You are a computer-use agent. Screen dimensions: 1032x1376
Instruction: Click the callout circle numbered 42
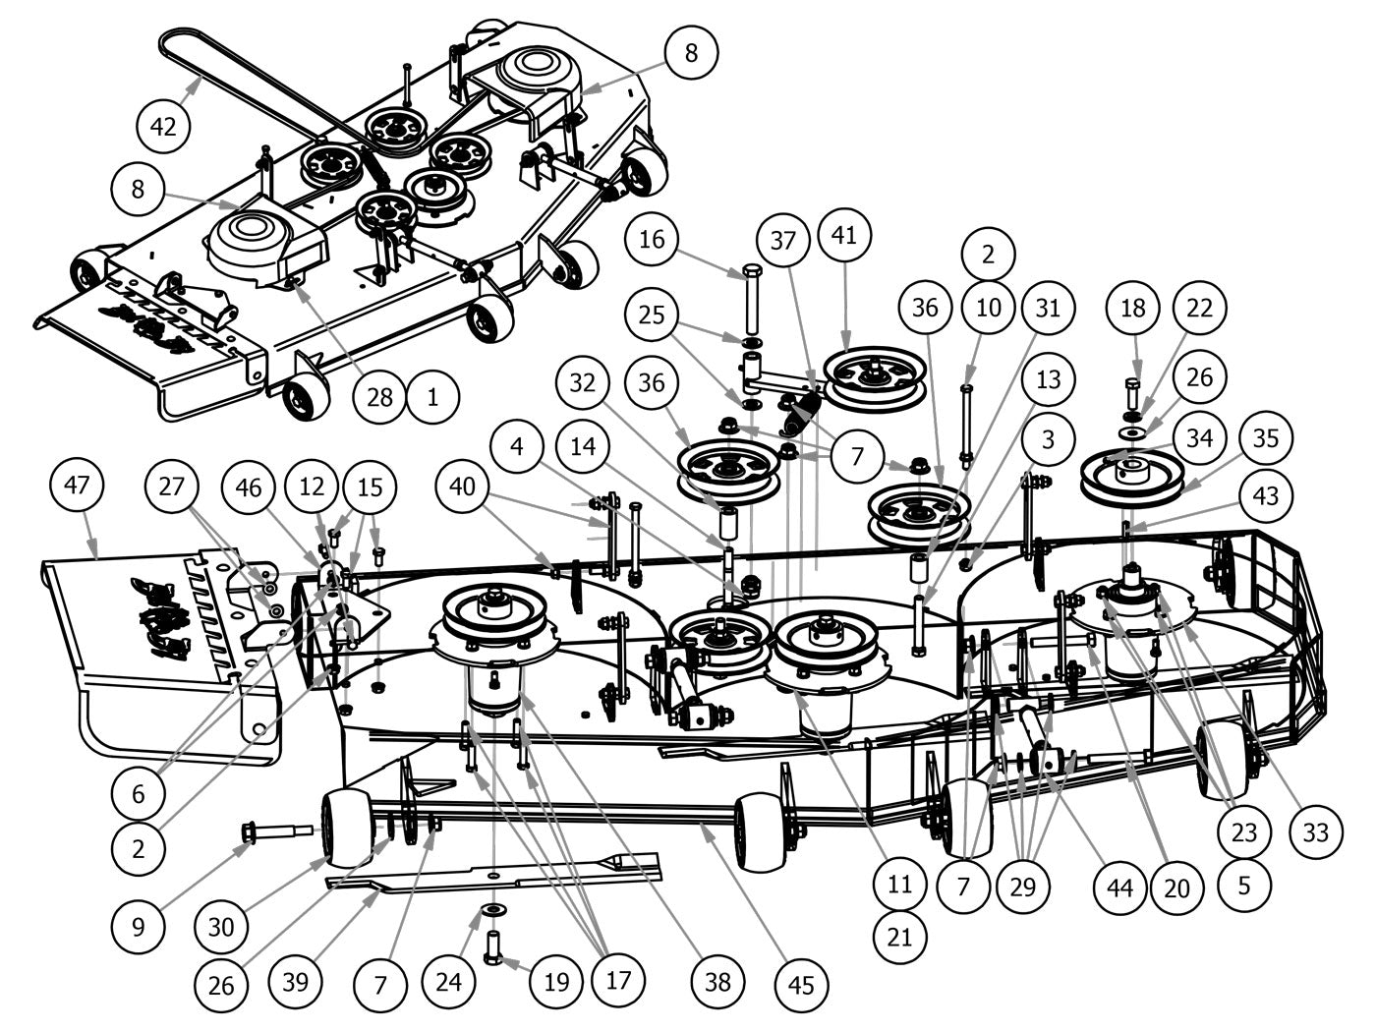click(x=164, y=127)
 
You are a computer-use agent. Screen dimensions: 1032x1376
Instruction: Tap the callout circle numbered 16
click(x=653, y=239)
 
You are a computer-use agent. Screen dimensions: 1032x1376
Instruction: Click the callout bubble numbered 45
click(x=801, y=983)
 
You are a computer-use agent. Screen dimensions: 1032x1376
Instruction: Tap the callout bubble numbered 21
click(x=899, y=937)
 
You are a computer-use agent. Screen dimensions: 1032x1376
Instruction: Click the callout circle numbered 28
click(x=378, y=396)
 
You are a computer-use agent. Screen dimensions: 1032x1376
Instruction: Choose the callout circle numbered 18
click(x=1133, y=308)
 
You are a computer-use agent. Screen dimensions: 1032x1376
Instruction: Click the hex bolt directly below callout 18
click(x=1133, y=393)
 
